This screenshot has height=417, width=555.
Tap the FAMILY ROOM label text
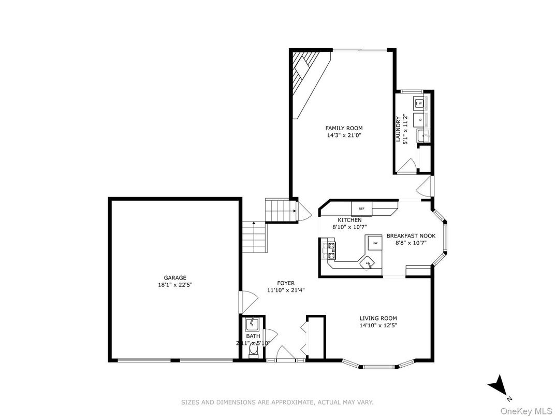point(344,128)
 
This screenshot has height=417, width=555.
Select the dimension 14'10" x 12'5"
point(378,326)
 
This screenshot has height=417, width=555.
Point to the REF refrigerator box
point(361,208)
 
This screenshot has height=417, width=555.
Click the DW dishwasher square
point(374,243)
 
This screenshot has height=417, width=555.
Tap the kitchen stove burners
point(329,250)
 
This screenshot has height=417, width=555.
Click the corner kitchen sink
point(368,263)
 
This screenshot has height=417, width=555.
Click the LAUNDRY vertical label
point(398,129)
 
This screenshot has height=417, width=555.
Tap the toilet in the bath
point(253,352)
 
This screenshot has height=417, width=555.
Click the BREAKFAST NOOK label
point(415,235)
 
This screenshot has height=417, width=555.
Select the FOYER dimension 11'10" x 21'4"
point(286,290)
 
